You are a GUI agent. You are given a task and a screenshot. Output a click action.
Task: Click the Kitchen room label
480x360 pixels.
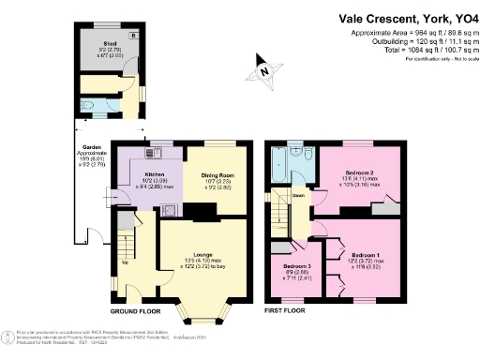coord(154,174)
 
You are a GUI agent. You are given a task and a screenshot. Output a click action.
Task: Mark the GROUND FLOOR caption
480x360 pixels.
coord(135,309)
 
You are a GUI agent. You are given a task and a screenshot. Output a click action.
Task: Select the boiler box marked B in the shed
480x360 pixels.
coord(134,35)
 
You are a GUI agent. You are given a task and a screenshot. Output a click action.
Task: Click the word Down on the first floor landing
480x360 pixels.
coord(297,196)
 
